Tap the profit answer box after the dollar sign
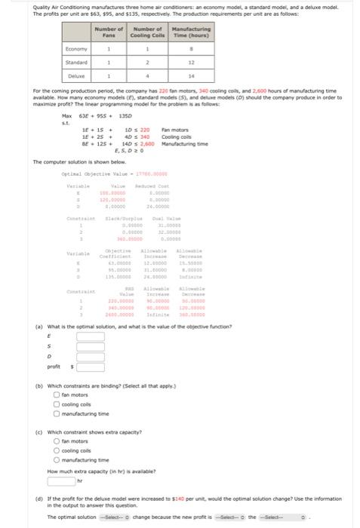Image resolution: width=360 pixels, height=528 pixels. [89, 390]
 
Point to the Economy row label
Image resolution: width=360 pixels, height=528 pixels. [75, 49]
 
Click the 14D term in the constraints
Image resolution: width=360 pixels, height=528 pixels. [128, 143]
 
